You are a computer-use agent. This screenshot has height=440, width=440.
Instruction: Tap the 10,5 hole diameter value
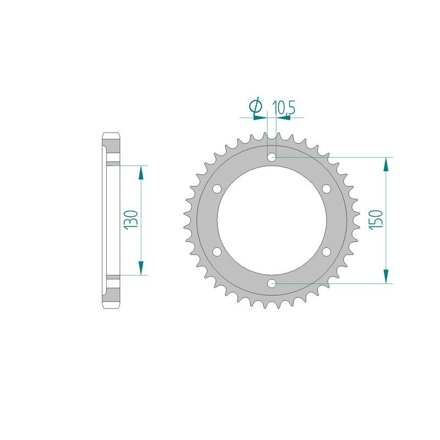click(x=283, y=107)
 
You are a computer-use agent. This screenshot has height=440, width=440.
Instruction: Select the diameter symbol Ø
click(x=256, y=106)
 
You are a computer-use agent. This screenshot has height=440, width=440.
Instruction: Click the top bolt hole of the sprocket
click(x=272, y=157)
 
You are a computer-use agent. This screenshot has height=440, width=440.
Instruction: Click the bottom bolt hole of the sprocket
click(x=272, y=283)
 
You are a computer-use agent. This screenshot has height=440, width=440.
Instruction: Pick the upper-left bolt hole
click(x=217, y=189)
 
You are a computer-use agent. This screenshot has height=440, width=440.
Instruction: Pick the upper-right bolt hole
click(x=326, y=189)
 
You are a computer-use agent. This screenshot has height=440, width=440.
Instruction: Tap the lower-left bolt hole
click(x=217, y=252)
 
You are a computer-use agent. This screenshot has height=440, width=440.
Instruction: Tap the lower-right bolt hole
click(x=326, y=252)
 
